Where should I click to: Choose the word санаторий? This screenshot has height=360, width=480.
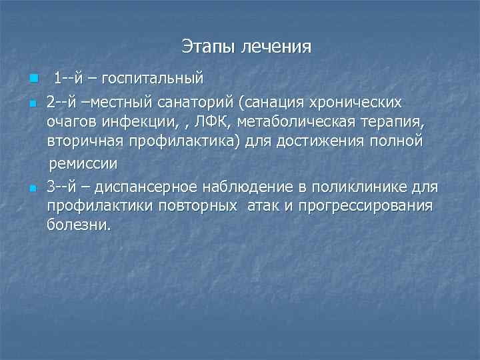tap(199, 103)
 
